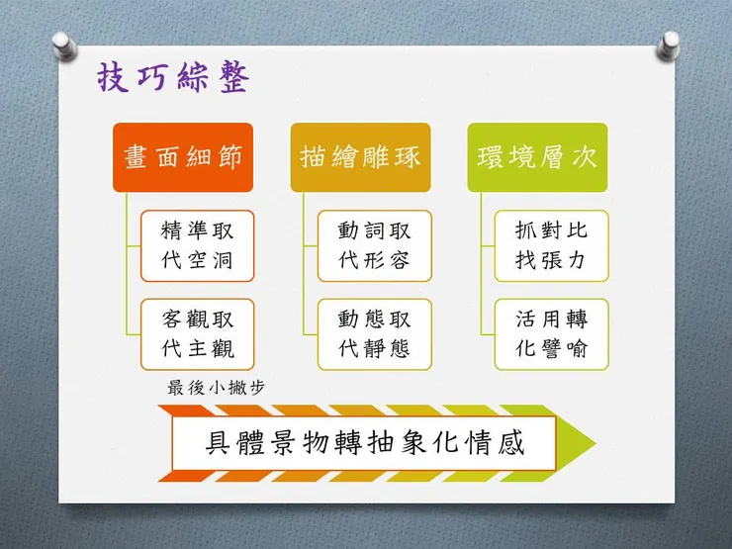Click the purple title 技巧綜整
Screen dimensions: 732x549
point(173,77)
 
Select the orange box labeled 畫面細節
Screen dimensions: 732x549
point(183,157)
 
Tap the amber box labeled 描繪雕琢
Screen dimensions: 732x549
point(360,157)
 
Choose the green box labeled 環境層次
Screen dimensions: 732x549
point(537,157)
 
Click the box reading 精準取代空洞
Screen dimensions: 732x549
point(198,246)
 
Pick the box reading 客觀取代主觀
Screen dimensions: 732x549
point(198,334)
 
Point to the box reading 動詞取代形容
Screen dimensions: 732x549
point(374,246)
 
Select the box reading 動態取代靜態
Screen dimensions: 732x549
point(374,334)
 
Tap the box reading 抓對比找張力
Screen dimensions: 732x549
point(551,246)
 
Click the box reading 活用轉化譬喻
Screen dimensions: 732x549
point(551,334)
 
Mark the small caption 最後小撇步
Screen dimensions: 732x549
point(217,388)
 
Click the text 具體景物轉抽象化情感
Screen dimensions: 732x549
point(365,442)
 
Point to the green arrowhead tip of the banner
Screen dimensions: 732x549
point(595,442)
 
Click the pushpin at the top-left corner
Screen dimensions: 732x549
point(64,46)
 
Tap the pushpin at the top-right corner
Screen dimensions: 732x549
point(668,46)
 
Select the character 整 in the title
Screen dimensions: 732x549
point(234,77)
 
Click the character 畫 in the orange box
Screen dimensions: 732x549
point(136,157)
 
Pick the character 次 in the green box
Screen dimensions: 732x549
point(585,157)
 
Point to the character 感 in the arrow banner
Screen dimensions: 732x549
point(510,442)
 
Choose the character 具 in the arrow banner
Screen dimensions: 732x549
point(219,442)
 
